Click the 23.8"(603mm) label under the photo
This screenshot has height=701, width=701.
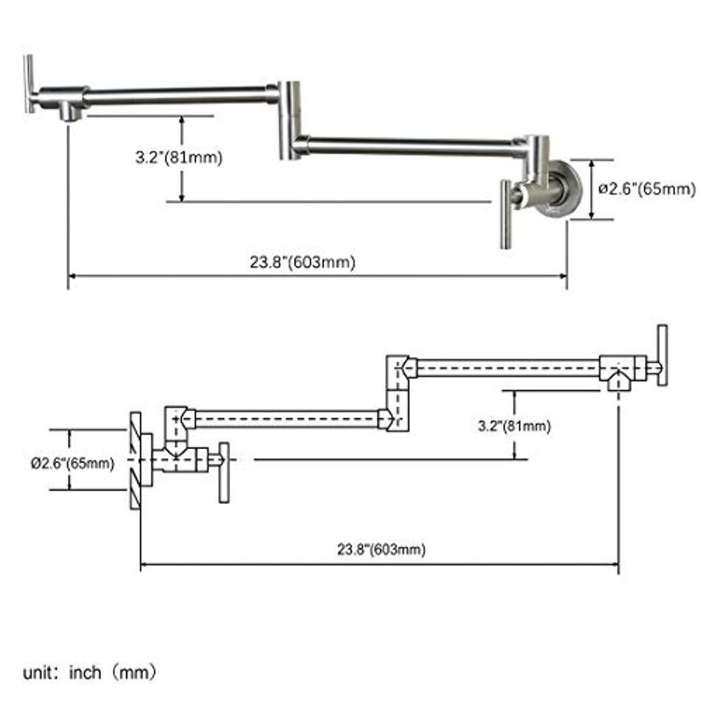303,262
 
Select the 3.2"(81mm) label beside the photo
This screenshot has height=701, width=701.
179,157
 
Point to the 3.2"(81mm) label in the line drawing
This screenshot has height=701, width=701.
514,426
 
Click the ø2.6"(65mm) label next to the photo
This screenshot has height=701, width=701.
647,189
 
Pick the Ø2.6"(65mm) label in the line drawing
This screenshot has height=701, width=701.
73,463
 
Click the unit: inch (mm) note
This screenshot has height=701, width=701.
90,672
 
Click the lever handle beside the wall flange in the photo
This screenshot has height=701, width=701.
506,214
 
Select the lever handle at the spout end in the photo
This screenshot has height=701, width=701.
29,84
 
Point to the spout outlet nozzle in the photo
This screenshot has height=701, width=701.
70,112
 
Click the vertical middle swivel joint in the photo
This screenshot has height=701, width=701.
290,120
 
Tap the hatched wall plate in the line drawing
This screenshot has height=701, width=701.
136,461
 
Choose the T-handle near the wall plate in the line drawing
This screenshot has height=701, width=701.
224,472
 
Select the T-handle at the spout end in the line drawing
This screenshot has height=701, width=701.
663,355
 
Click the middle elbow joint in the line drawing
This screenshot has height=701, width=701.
398,394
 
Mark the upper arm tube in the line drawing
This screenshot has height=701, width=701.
508,368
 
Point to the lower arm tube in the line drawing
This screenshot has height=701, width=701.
287,419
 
